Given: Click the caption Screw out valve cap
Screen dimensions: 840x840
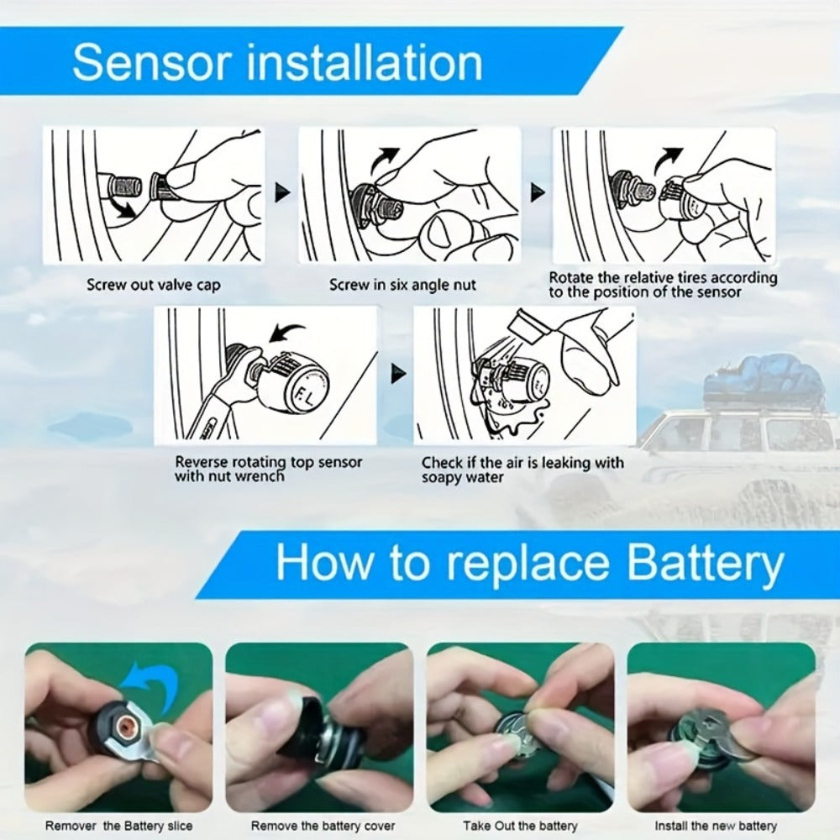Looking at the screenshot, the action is point(154,285).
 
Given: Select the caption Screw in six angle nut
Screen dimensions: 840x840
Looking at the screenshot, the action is point(402,285).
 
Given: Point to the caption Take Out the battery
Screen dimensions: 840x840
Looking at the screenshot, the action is point(520,826).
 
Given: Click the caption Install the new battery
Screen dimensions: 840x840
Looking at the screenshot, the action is point(716,826).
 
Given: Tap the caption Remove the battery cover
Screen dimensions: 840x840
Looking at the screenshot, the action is point(323,826).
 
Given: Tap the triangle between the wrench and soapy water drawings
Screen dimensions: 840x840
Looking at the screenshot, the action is point(398,374).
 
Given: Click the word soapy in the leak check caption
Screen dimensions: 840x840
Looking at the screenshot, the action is point(441,477).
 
